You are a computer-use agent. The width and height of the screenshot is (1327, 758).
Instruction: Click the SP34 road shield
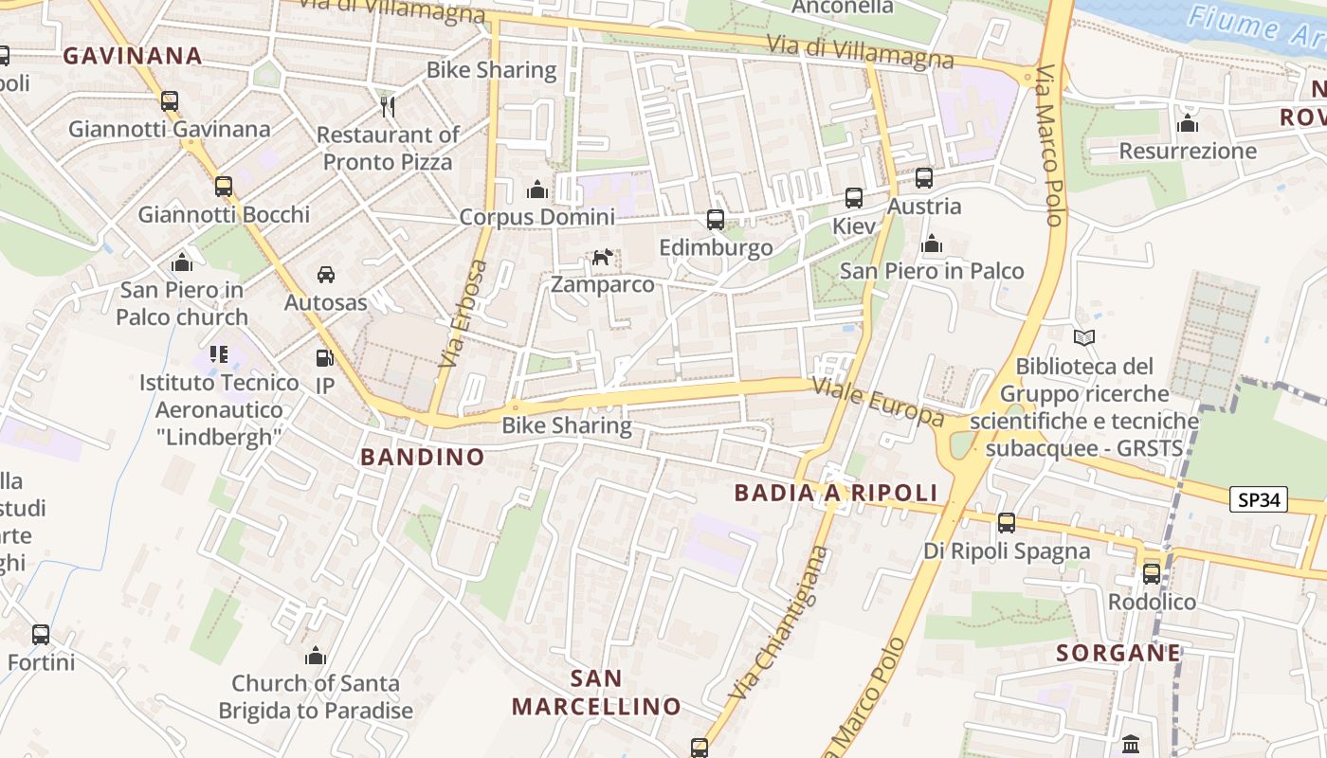coord(1259,499)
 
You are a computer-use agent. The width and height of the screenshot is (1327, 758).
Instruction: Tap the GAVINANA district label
coord(133,56)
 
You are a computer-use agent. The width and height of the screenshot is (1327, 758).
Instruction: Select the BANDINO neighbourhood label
coord(422,457)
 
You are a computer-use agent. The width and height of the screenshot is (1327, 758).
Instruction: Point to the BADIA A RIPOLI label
coord(836,493)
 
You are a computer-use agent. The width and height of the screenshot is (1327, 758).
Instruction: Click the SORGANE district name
coord(1118,653)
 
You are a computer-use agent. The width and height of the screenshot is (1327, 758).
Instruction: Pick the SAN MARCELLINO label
coord(597,693)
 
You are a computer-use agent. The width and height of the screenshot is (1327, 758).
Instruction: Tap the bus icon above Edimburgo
coord(716,220)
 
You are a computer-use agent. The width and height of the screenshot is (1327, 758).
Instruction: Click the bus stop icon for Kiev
coord(854,198)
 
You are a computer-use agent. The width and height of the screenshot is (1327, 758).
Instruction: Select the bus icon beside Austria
coord(924,178)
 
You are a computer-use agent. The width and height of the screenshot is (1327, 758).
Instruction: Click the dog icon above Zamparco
coord(602,257)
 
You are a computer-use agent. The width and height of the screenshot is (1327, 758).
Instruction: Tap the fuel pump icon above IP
coord(324,358)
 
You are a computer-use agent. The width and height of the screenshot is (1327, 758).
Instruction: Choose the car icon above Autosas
coord(326,275)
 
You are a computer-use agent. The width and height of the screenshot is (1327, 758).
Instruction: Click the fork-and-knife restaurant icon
coord(387,106)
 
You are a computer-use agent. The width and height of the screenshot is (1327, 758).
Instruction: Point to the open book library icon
coord(1084,337)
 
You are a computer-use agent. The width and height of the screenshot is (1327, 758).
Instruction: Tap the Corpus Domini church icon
coord(537,189)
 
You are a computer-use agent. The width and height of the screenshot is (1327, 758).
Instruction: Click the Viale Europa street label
coord(878,402)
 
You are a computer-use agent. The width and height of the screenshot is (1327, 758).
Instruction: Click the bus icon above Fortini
coord(41,635)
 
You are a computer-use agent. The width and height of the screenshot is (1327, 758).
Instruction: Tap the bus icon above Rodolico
coord(1152,573)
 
